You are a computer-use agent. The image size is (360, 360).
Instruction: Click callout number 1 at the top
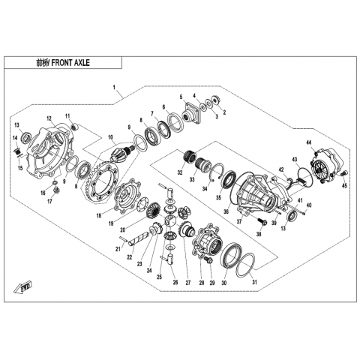(114, 88)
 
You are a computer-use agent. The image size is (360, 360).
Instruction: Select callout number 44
(309, 143)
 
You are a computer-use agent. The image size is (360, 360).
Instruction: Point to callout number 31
(254, 282)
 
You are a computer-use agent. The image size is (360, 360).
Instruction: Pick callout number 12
(49, 118)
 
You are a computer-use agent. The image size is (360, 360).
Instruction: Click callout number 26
(175, 283)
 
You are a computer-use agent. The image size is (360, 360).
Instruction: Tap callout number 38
(259, 234)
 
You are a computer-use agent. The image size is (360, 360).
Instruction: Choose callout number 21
(118, 249)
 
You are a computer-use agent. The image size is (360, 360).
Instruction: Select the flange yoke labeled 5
(192, 112)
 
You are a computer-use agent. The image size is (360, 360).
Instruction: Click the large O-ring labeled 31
(245, 265)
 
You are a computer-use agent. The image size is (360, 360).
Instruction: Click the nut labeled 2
(214, 99)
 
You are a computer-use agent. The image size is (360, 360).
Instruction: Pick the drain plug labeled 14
(17, 151)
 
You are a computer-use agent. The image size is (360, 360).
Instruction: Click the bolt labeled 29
(208, 260)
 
